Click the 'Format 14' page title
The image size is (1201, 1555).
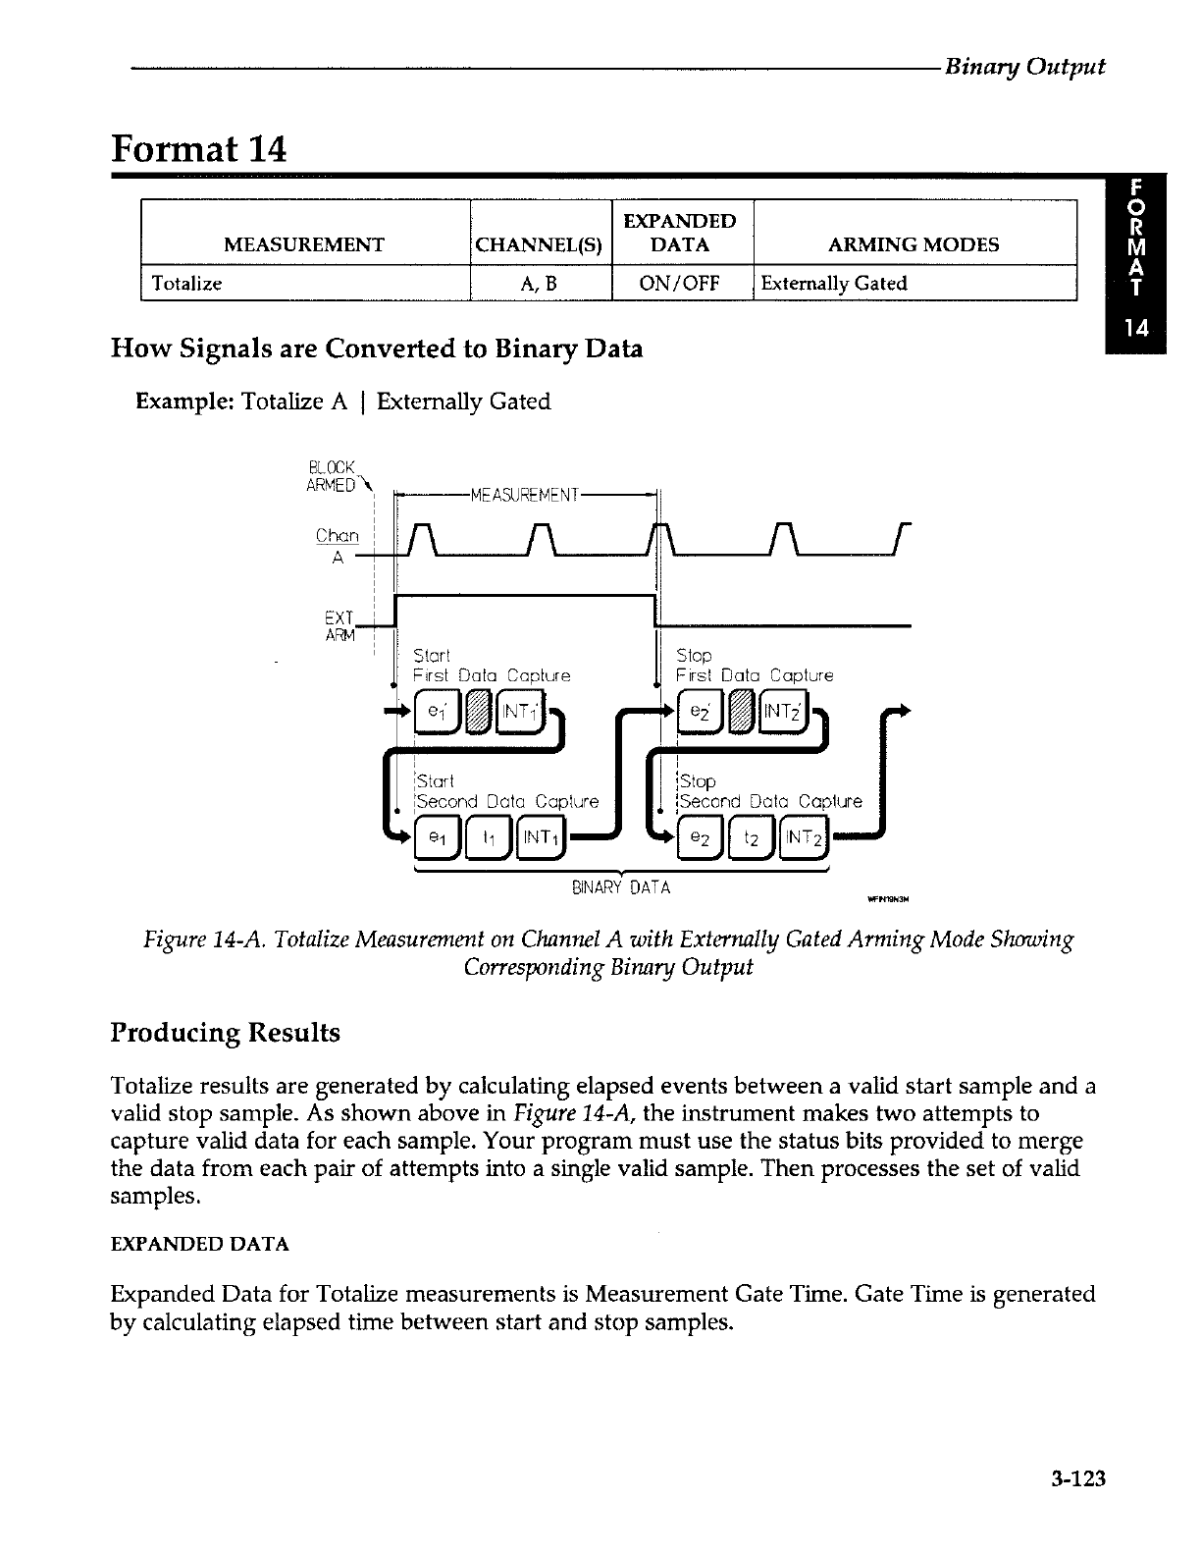tap(199, 149)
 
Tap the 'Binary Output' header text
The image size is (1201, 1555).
tap(1024, 67)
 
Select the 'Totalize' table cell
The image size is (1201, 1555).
tap(183, 284)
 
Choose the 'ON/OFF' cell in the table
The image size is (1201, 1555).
tap(680, 284)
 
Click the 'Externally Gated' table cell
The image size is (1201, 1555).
tap(833, 284)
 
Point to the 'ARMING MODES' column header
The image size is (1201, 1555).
tap(914, 244)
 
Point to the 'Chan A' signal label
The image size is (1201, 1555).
tap(339, 546)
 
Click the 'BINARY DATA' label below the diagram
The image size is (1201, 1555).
tap(621, 888)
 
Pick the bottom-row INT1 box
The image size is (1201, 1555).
tap(536, 837)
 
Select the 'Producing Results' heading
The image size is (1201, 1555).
tap(226, 1033)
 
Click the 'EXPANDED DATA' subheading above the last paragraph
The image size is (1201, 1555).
tap(200, 1245)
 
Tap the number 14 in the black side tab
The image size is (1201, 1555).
tap(1135, 328)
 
